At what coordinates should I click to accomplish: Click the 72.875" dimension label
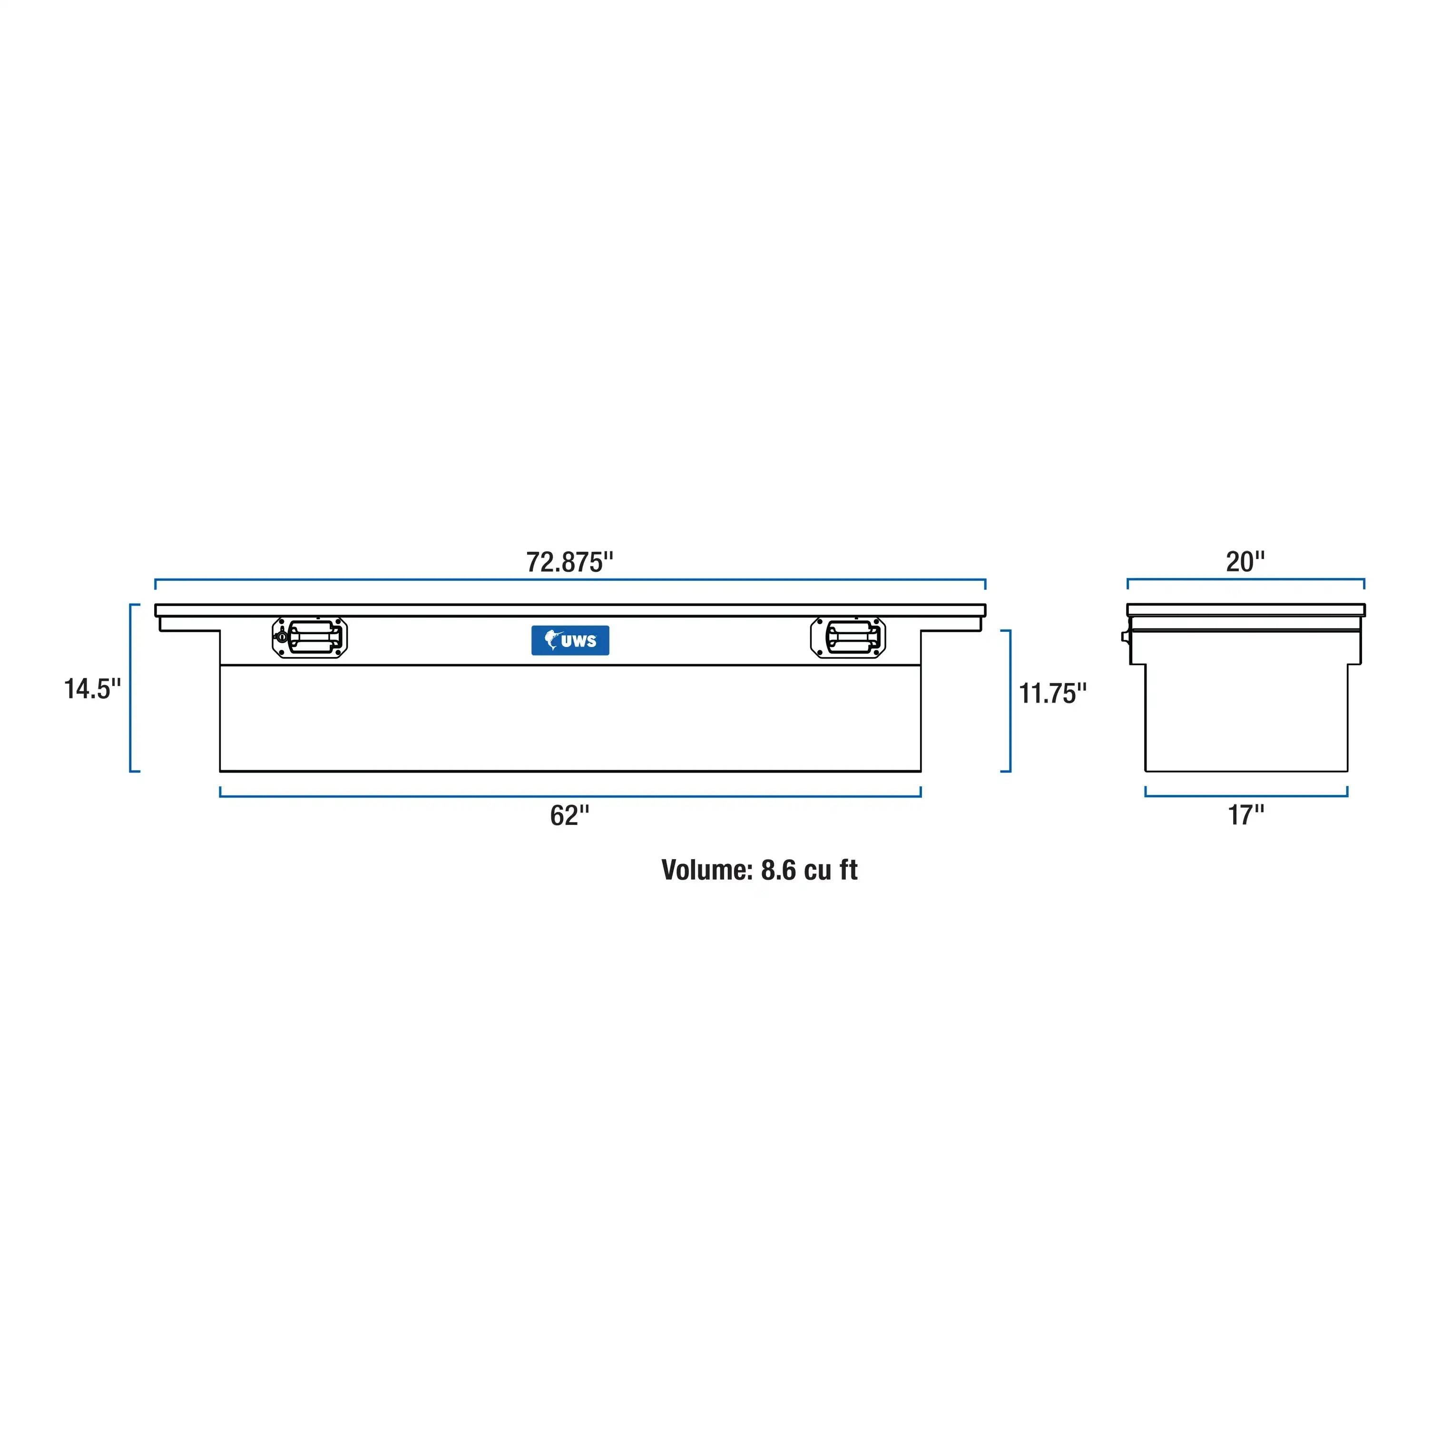point(569,562)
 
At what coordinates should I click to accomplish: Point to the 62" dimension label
point(569,815)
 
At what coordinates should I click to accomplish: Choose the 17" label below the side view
point(1246,815)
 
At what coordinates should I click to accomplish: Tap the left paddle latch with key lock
point(310,637)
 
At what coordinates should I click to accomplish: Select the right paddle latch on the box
point(848,637)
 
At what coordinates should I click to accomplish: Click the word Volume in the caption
point(706,870)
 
